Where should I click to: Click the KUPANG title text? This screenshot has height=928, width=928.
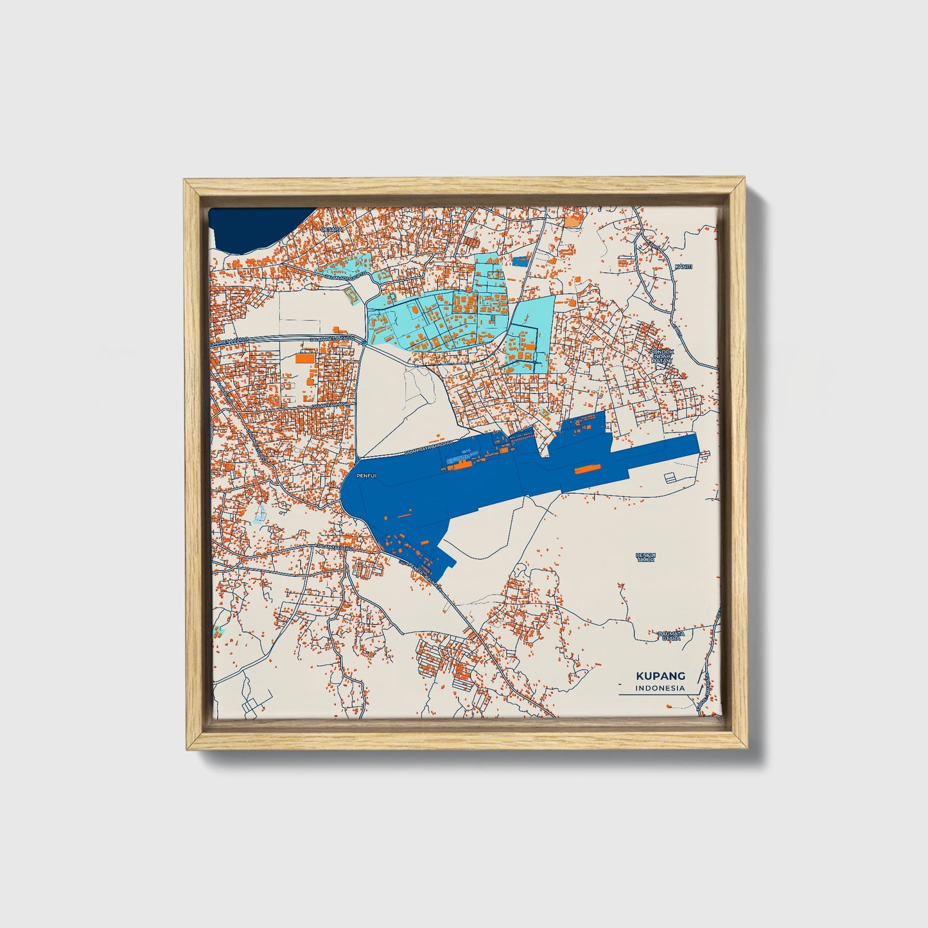(x=660, y=676)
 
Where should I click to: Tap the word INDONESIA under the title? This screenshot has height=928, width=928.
(x=660, y=688)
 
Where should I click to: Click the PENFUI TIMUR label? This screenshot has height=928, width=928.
(x=645, y=557)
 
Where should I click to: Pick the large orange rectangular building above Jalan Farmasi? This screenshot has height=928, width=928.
(x=306, y=358)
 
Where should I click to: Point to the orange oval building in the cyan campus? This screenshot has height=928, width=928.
(x=414, y=311)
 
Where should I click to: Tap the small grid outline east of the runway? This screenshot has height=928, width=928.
(x=670, y=477)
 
